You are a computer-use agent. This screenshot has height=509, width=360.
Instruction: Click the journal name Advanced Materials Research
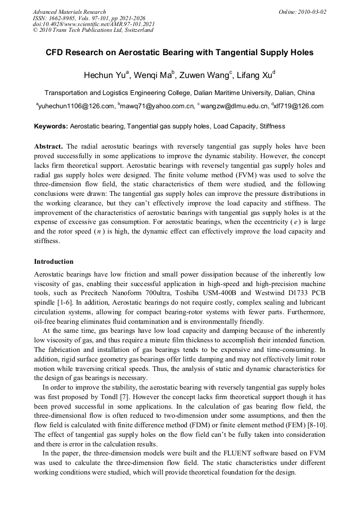click(x=69, y=12)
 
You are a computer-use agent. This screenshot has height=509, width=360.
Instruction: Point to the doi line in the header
click(x=93, y=24)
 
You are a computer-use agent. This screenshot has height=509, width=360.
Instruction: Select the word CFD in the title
click(x=55, y=53)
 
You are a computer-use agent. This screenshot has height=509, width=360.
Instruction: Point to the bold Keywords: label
click(x=51, y=126)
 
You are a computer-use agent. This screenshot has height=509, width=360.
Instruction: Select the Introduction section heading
click(x=54, y=262)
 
